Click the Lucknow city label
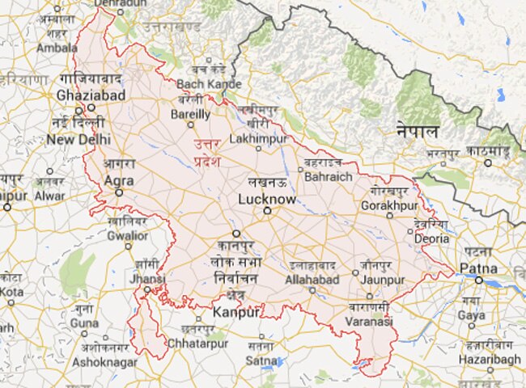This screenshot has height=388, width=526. click(x=267, y=198)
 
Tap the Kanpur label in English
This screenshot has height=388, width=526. click(x=236, y=311)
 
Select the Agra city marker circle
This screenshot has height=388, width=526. click(x=119, y=193)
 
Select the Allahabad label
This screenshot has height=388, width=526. click(x=312, y=280)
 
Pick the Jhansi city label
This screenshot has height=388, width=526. click(x=146, y=278)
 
